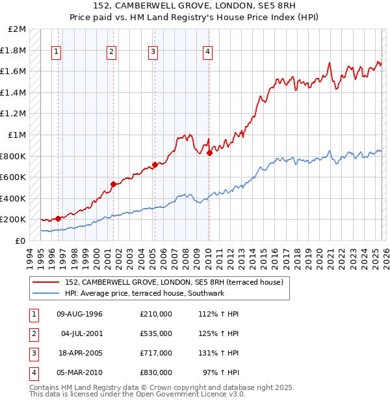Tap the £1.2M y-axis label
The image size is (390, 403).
point(16,114)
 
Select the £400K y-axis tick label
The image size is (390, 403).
point(14,198)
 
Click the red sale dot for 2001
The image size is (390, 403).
point(113,184)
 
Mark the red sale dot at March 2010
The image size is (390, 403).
point(209,153)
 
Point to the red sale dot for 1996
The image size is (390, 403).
point(58,218)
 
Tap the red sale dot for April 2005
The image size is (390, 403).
point(155,164)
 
